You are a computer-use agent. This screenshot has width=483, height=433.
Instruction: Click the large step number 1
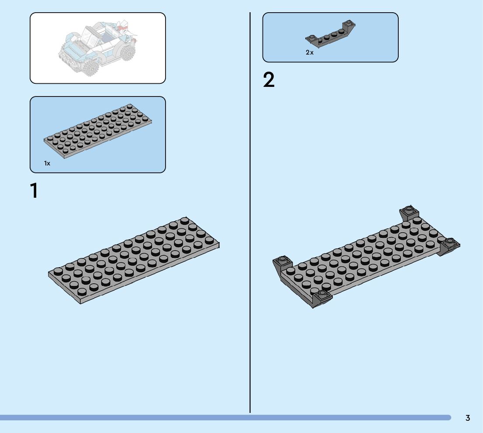[x=34, y=191]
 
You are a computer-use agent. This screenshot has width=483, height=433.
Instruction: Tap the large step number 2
[x=269, y=80]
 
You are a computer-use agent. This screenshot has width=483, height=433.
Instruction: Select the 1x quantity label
[x=47, y=163]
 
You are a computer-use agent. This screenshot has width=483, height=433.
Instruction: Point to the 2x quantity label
[x=310, y=52]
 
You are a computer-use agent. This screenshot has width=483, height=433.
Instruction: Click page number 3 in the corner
[x=468, y=418]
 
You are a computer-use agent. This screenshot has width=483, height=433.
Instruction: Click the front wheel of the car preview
[x=91, y=68]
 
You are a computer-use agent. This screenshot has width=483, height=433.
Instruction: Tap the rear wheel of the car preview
[x=127, y=53]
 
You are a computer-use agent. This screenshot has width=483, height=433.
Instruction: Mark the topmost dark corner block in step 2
[x=409, y=212]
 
